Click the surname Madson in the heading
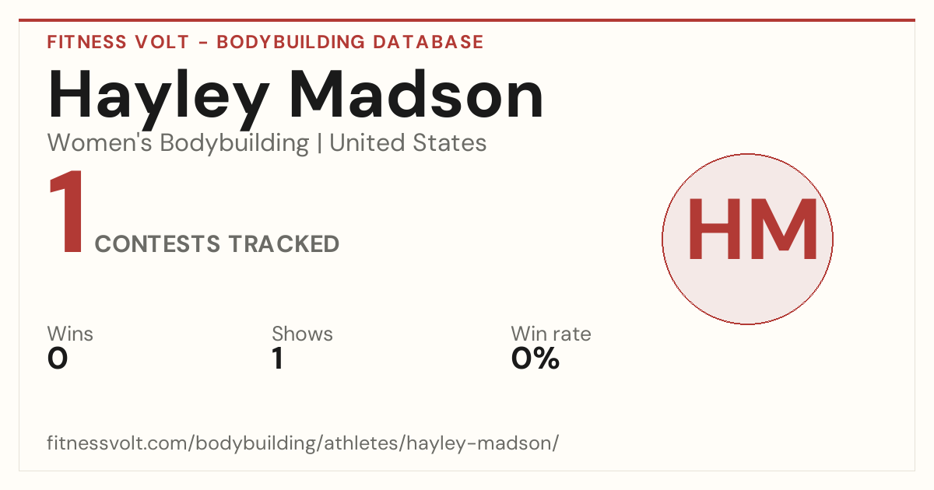[416, 94]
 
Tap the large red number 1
[67, 212]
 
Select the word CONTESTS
[157, 243]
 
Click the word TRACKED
[284, 243]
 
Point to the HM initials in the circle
[753, 229]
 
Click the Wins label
[70, 334]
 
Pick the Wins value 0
[58, 359]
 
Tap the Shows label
[302, 334]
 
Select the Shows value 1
[278, 359]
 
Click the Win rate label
[551, 334]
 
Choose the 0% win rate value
[535, 359]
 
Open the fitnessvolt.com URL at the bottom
[303, 443]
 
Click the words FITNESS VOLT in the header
[118, 42]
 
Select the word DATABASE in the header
[428, 42]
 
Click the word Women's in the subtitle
[100, 142]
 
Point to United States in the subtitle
[408, 142]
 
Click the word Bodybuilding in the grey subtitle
[234, 144]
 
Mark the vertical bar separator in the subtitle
[319, 143]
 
